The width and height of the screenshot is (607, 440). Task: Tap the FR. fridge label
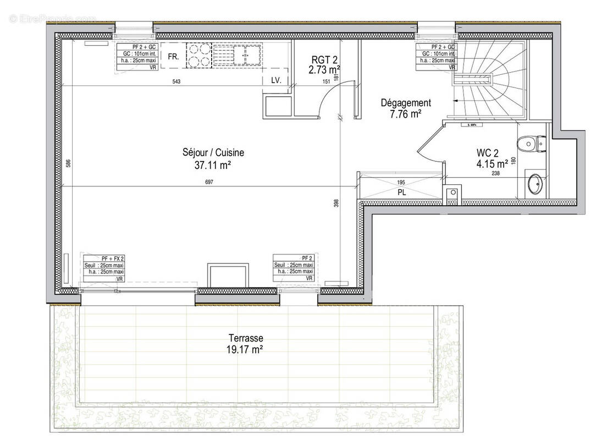click(x=173, y=56)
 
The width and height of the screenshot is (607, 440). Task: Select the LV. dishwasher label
click(x=276, y=80)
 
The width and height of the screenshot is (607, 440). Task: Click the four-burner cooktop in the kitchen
click(x=200, y=55)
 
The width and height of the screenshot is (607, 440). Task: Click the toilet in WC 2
click(x=528, y=144)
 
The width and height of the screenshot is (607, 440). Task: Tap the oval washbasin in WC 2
click(x=534, y=185)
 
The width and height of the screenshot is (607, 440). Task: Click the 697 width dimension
click(x=209, y=183)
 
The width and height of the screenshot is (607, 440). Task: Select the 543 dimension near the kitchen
click(x=176, y=81)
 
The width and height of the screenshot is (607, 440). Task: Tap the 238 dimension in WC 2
click(x=495, y=173)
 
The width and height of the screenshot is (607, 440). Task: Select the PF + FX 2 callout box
click(x=104, y=268)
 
